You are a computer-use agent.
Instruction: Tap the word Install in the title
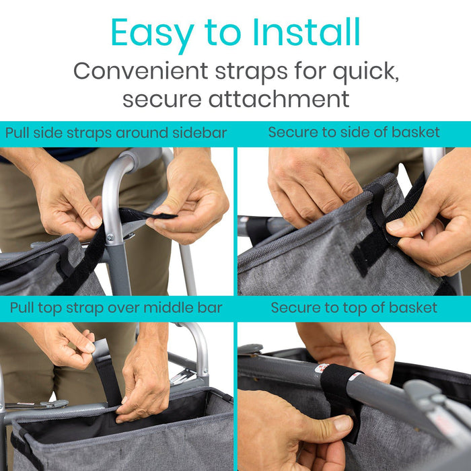click(306, 32)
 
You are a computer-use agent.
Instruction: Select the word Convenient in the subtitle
click(141, 71)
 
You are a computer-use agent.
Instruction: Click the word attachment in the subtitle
click(279, 99)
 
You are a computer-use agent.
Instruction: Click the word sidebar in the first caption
click(199, 133)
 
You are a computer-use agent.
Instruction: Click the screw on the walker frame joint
click(110, 238)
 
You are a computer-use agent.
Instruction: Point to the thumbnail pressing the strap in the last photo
click(342, 424)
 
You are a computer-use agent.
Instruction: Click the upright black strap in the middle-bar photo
click(107, 373)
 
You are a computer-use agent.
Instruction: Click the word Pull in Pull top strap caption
click(22, 308)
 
